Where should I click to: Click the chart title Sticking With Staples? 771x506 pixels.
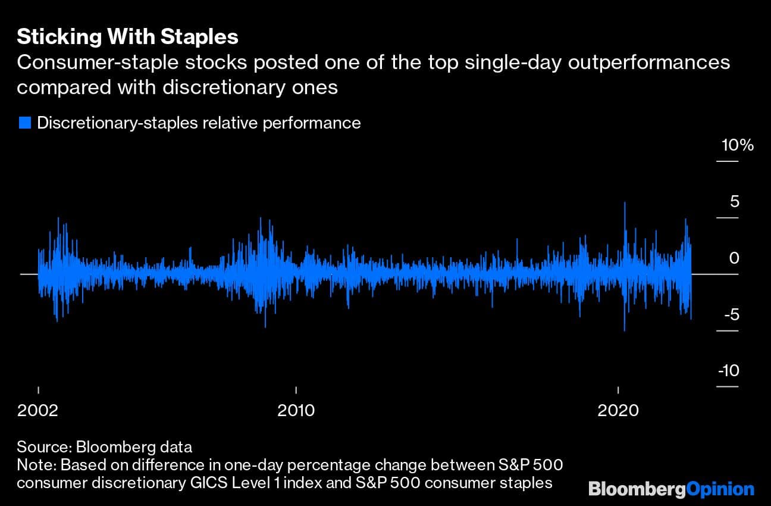click(127, 37)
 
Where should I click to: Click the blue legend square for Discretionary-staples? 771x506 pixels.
click(24, 123)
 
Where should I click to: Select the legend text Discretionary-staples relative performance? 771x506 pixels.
click(199, 123)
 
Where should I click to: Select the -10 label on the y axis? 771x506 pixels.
click(728, 371)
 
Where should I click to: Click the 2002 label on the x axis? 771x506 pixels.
click(38, 410)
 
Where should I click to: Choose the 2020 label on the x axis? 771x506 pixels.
click(618, 410)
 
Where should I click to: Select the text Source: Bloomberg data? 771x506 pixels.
click(104, 446)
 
